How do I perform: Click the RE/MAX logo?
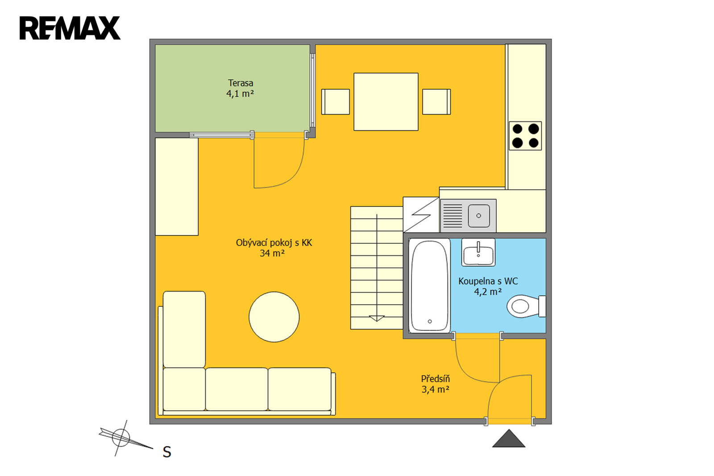(x=70, y=28)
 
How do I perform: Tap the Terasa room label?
(x=241, y=83)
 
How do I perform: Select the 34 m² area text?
(x=272, y=253)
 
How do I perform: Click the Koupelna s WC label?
(x=488, y=281)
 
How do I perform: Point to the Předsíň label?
(x=436, y=379)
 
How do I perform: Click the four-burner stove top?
(x=525, y=136)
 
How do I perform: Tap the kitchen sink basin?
(x=479, y=216)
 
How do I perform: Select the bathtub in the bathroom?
(x=430, y=286)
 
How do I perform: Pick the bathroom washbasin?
(x=478, y=252)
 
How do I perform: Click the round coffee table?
(x=274, y=317)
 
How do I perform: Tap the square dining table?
(x=386, y=102)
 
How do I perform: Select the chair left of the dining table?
(x=335, y=102)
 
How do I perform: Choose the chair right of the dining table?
(x=437, y=102)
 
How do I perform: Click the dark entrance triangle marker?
(x=509, y=438)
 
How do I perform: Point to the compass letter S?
(x=167, y=452)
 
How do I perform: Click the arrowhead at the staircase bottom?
(x=377, y=318)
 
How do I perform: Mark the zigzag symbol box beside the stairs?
(x=421, y=215)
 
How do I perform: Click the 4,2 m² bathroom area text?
(x=488, y=292)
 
